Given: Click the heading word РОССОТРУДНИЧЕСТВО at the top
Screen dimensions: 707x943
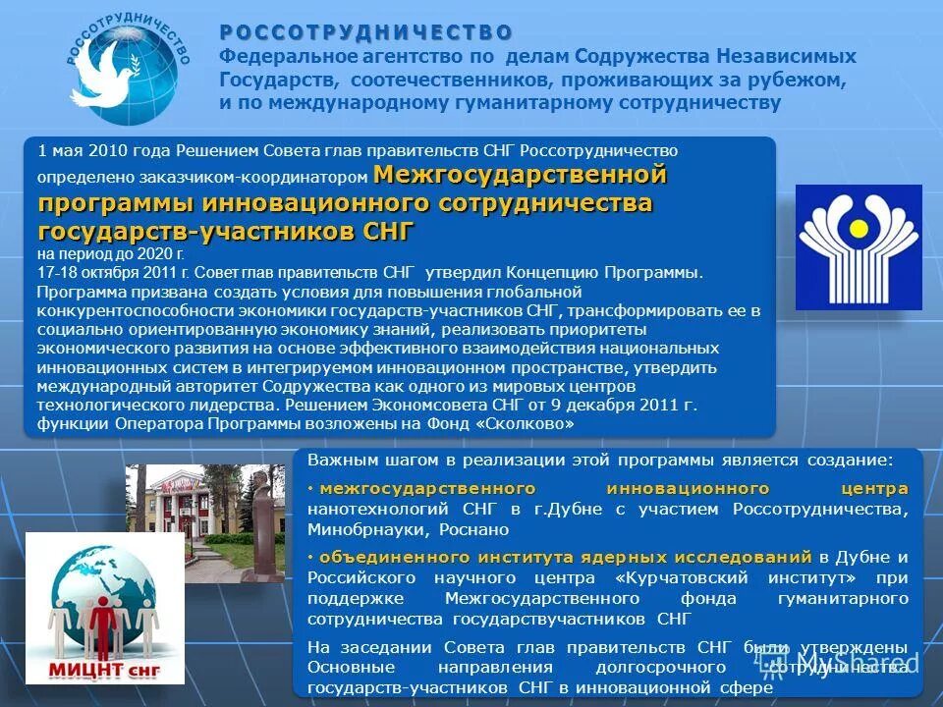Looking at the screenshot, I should tap(365, 33).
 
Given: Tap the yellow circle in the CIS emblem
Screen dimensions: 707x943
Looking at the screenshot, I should tap(859, 228).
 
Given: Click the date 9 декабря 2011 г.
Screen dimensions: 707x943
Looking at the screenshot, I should tap(638, 405).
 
